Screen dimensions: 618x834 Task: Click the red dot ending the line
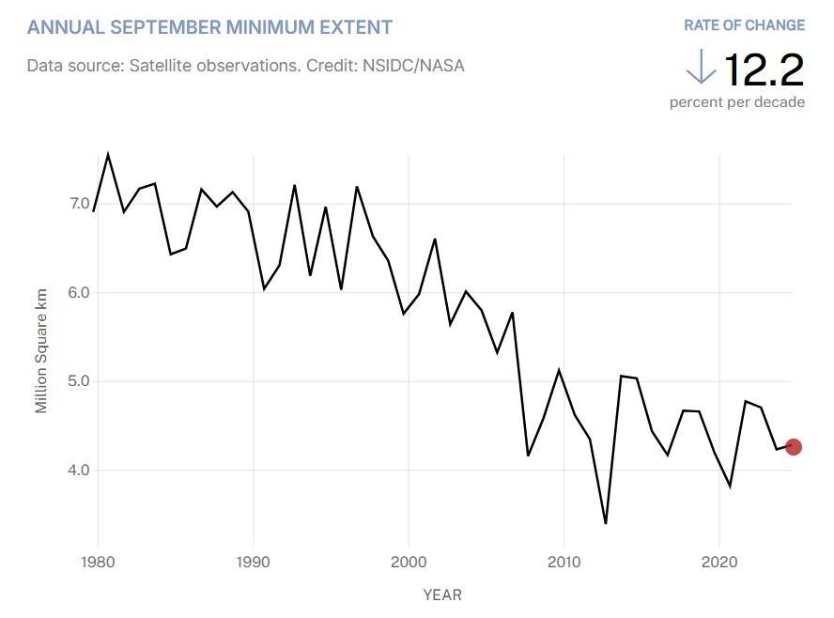click(793, 446)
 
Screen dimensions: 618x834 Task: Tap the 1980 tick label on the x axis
click(98, 563)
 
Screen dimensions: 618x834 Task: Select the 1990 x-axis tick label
click(253, 563)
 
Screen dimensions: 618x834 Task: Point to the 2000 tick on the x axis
click(409, 563)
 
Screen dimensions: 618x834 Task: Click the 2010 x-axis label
click(564, 563)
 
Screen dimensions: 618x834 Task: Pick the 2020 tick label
click(718, 563)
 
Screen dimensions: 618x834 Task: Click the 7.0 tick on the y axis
click(79, 204)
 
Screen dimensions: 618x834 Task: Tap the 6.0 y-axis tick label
click(79, 292)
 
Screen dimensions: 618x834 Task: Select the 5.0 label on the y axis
click(79, 381)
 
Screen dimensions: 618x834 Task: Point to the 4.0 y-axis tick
click(79, 470)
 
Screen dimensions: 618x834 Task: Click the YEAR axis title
click(442, 595)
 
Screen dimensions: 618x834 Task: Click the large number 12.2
click(764, 69)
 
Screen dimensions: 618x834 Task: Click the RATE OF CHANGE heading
click(744, 25)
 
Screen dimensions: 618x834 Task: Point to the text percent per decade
click(736, 101)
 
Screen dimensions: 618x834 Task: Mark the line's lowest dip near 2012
click(606, 523)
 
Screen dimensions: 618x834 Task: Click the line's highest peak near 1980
click(108, 154)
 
